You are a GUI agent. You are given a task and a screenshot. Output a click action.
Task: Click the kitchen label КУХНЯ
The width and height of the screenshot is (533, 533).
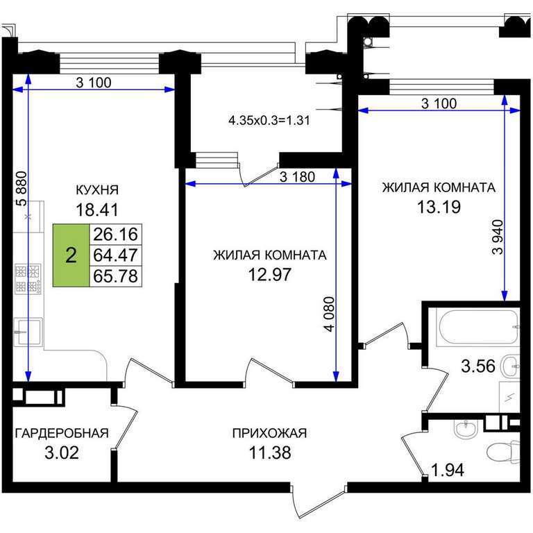(x=97, y=189)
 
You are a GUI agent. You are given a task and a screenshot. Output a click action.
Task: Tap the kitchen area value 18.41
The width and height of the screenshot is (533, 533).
(x=97, y=210)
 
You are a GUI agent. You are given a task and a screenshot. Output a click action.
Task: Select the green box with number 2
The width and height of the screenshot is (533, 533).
(x=71, y=255)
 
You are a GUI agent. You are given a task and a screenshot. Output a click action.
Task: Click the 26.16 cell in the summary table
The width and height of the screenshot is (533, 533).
(x=116, y=234)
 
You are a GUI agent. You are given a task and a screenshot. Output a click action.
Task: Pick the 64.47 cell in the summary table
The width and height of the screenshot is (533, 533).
(x=116, y=255)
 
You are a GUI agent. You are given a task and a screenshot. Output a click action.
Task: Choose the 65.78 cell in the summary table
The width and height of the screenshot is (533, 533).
(x=116, y=276)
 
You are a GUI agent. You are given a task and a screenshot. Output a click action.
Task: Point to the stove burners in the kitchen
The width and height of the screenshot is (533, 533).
(x=28, y=280)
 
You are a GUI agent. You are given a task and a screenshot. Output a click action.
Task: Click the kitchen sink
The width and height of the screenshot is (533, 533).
(x=28, y=332)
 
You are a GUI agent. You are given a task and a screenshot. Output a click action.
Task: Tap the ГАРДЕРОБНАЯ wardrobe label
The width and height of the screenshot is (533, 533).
(x=62, y=433)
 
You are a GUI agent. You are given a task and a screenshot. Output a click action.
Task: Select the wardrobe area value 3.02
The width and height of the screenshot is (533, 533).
(x=62, y=452)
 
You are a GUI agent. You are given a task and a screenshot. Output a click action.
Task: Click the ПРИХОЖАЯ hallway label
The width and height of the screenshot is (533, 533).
(x=269, y=433)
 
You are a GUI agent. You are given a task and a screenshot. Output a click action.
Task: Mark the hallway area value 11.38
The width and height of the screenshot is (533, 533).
(x=270, y=452)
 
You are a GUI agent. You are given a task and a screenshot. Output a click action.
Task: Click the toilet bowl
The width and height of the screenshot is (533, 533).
(x=504, y=452)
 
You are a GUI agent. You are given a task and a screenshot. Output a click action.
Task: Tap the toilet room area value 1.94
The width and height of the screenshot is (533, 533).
(x=448, y=471)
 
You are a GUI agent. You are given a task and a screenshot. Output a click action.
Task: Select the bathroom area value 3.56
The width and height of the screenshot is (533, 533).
(x=478, y=366)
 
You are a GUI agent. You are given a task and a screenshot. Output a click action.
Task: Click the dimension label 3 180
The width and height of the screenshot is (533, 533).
(x=297, y=177)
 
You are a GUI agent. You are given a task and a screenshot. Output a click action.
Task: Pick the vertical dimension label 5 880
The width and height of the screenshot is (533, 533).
(x=21, y=189)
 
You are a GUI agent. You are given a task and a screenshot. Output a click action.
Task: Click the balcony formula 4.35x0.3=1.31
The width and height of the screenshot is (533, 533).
(x=269, y=121)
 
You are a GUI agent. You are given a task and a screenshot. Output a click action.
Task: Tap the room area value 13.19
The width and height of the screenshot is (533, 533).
(x=439, y=207)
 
